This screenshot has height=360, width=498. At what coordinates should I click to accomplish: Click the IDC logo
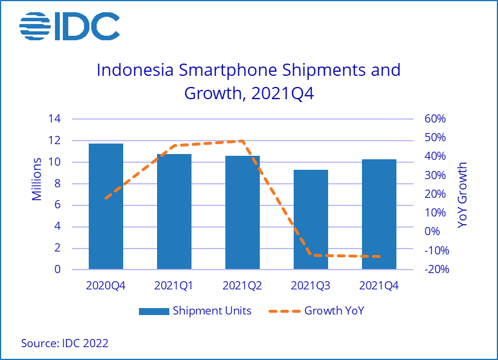click(69, 26)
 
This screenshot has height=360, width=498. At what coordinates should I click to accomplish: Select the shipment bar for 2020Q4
click(106, 207)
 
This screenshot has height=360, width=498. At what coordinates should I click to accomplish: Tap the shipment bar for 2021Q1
click(174, 212)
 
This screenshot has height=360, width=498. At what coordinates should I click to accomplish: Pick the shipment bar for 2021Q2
click(242, 213)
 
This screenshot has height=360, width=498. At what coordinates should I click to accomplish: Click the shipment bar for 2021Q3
click(311, 220)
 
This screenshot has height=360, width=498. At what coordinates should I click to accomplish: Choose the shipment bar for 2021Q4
click(379, 215)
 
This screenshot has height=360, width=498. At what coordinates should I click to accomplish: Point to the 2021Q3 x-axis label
click(311, 286)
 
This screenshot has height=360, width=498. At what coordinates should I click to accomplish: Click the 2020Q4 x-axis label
click(106, 286)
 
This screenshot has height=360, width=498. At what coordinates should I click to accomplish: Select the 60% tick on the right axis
click(434, 119)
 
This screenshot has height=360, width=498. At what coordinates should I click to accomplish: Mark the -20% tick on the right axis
click(434, 270)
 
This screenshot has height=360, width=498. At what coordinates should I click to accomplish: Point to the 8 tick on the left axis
click(58, 184)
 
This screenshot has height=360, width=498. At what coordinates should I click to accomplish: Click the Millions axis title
click(37, 179)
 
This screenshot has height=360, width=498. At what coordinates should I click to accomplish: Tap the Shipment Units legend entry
click(195, 311)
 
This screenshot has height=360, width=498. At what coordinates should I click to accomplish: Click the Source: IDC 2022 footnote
click(64, 343)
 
